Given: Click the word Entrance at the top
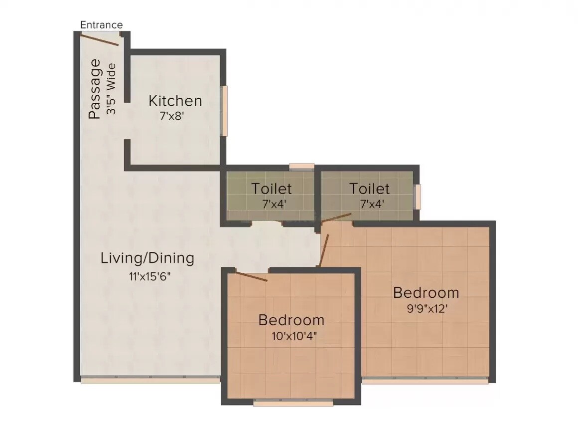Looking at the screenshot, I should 101,24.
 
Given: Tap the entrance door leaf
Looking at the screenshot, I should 100,39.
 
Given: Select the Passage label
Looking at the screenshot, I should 94,89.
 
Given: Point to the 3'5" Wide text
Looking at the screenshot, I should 112,89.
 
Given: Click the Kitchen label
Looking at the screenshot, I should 175,101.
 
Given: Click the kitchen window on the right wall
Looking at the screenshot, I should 225,110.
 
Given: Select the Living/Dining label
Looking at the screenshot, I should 147,258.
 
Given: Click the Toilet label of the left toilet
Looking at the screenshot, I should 271,189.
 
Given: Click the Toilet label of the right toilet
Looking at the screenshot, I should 369,189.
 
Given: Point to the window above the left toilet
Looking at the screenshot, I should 301,167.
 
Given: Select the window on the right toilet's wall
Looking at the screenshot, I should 418,197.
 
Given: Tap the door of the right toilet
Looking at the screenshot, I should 336,218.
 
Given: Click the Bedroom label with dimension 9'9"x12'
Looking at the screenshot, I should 426,292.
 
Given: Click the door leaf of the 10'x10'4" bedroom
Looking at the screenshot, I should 251,276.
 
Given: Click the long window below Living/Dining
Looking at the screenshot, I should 149,380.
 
